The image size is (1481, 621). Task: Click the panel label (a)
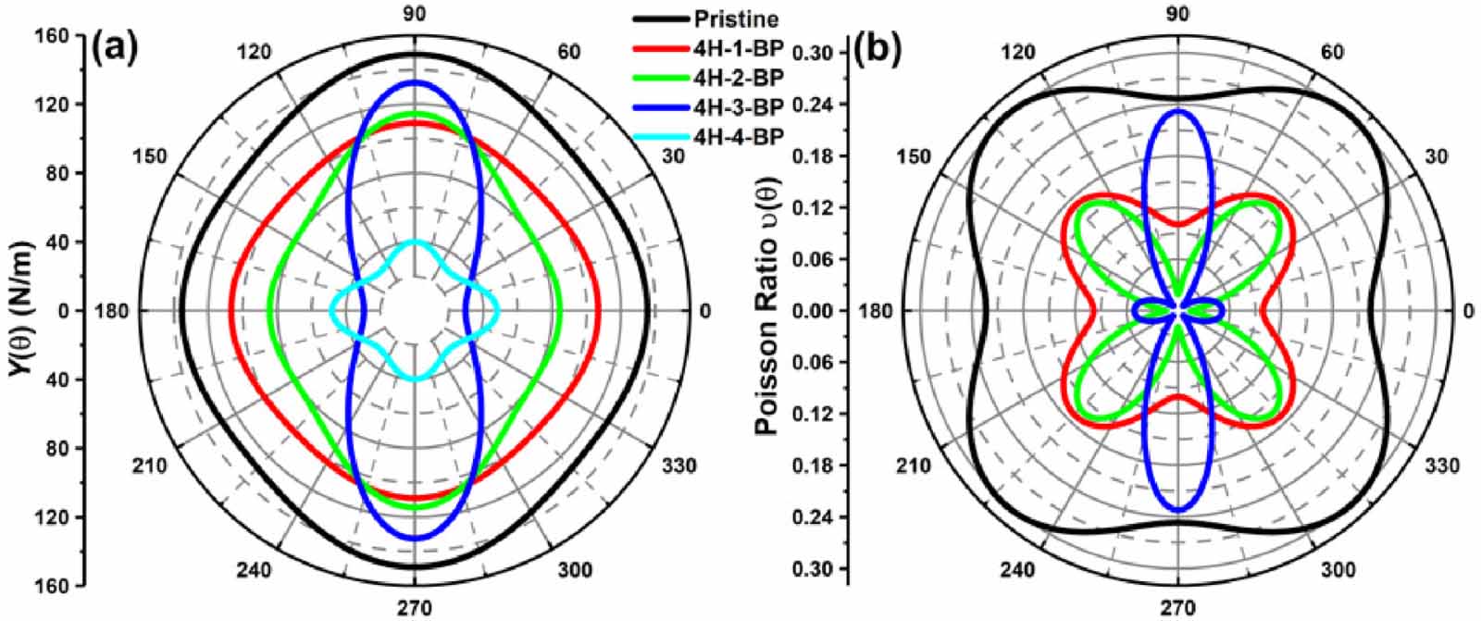pos(116,46)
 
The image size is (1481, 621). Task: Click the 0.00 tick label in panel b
pos(817,311)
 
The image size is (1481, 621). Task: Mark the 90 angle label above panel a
pos(414,13)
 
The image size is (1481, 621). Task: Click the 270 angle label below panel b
pos(1177,608)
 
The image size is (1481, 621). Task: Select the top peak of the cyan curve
pos(415,242)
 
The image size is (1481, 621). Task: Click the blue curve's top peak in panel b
pos(1177,110)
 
